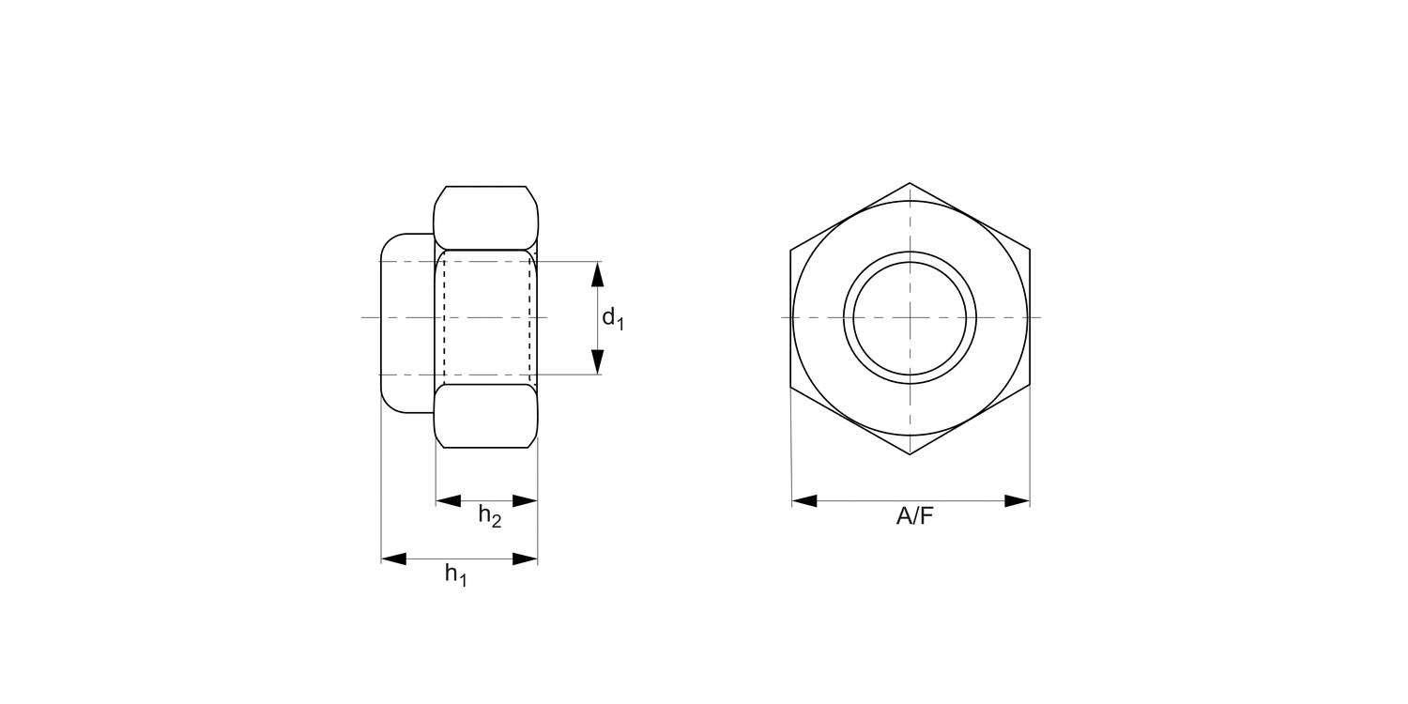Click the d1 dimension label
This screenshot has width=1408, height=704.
coord(612,319)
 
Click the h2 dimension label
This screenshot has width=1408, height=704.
coord(489,515)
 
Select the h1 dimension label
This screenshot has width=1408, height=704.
coord(455,574)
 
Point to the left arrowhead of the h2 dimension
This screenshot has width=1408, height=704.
coord(449,501)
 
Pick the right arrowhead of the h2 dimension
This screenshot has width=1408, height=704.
coord(525,501)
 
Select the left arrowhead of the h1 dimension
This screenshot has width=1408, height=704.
coord(393,559)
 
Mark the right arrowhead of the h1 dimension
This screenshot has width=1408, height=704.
coord(525,559)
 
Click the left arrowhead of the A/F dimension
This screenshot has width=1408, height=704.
coord(804,501)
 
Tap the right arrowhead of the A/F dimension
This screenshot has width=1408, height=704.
coord(1018,501)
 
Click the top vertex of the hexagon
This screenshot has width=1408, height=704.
coord(910,183)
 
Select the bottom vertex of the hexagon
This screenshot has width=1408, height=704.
coord(910,454)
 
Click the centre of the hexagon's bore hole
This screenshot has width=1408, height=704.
coord(910,317)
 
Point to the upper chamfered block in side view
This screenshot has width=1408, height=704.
coord(485,218)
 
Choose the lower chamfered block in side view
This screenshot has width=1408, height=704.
coord(485,416)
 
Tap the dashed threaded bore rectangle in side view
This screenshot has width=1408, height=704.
coord(486,317)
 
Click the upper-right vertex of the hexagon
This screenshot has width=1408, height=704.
coord(1030,251)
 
